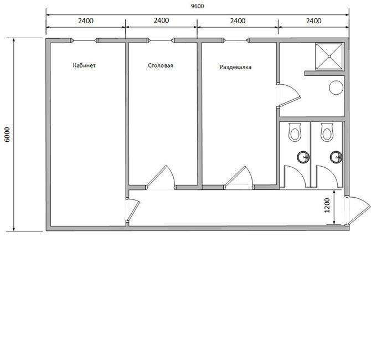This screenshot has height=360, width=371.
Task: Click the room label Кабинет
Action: [x=84, y=65]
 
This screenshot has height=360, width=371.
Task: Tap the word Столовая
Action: [x=161, y=65]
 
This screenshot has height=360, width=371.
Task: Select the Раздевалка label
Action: [x=236, y=67]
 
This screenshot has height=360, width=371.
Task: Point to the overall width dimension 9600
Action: [x=198, y=6]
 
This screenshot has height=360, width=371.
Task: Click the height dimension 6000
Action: [x=7, y=135]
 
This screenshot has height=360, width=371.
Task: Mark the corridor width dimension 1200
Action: [x=327, y=205]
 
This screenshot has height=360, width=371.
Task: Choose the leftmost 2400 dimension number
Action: [x=86, y=21]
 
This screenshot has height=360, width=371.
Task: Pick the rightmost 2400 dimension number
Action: [x=314, y=21]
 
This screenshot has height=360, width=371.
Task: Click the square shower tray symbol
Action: [x=329, y=56]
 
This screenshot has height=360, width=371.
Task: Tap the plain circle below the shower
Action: [x=336, y=88]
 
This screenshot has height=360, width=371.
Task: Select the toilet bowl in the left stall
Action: [x=295, y=132]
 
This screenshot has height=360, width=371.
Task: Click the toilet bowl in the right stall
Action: [x=327, y=132]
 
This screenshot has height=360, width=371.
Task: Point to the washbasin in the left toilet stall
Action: [x=303, y=157]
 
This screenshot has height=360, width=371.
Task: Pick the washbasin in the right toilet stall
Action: [x=336, y=157]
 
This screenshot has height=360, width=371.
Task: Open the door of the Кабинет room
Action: [x=134, y=210]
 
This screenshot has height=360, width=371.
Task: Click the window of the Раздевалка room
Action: [x=236, y=40]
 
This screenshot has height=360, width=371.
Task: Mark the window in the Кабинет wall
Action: [x=85, y=40]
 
